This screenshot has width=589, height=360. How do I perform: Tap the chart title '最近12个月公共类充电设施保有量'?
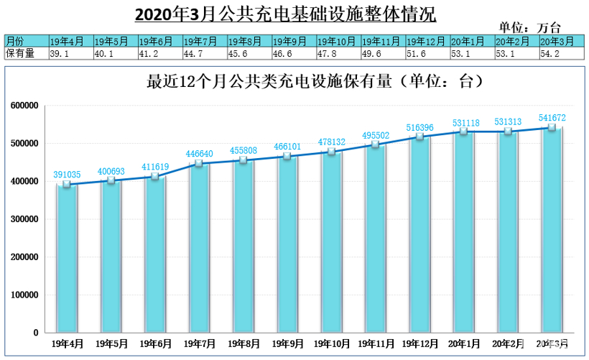coord(294,81)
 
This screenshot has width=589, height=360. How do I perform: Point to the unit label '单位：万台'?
coord(529,27)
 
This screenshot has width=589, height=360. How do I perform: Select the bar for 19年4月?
coord(66,259)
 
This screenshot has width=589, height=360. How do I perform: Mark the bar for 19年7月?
coord(198,248)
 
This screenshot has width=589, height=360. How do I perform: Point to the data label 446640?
coord(198,153)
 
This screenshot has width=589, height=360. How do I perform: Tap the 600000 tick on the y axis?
coord(24,106)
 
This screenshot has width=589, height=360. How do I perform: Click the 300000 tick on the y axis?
coord(24,219)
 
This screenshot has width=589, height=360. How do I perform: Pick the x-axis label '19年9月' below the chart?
coord(287,343)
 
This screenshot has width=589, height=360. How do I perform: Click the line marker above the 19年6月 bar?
coord(154,177)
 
